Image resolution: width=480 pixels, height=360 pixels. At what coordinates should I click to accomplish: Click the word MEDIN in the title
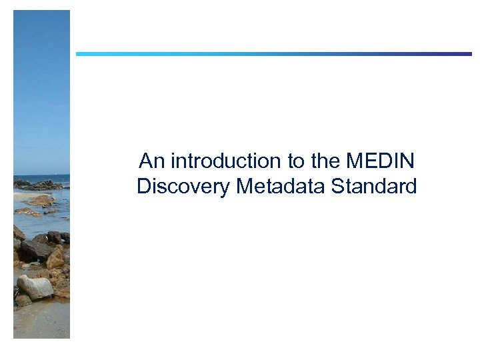381,161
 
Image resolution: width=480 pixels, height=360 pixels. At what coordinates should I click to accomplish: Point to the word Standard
374,186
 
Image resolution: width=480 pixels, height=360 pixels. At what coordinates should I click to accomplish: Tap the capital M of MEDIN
355,161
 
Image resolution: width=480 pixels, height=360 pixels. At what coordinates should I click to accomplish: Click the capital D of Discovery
143,186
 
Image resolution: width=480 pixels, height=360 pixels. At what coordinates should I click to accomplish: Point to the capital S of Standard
337,186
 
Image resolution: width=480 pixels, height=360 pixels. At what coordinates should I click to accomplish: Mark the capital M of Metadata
244,186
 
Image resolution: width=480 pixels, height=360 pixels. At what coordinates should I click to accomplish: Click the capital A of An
145,161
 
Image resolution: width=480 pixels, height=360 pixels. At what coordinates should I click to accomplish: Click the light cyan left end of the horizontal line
81,54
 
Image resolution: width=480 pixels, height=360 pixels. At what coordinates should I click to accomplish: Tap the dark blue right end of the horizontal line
466,54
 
